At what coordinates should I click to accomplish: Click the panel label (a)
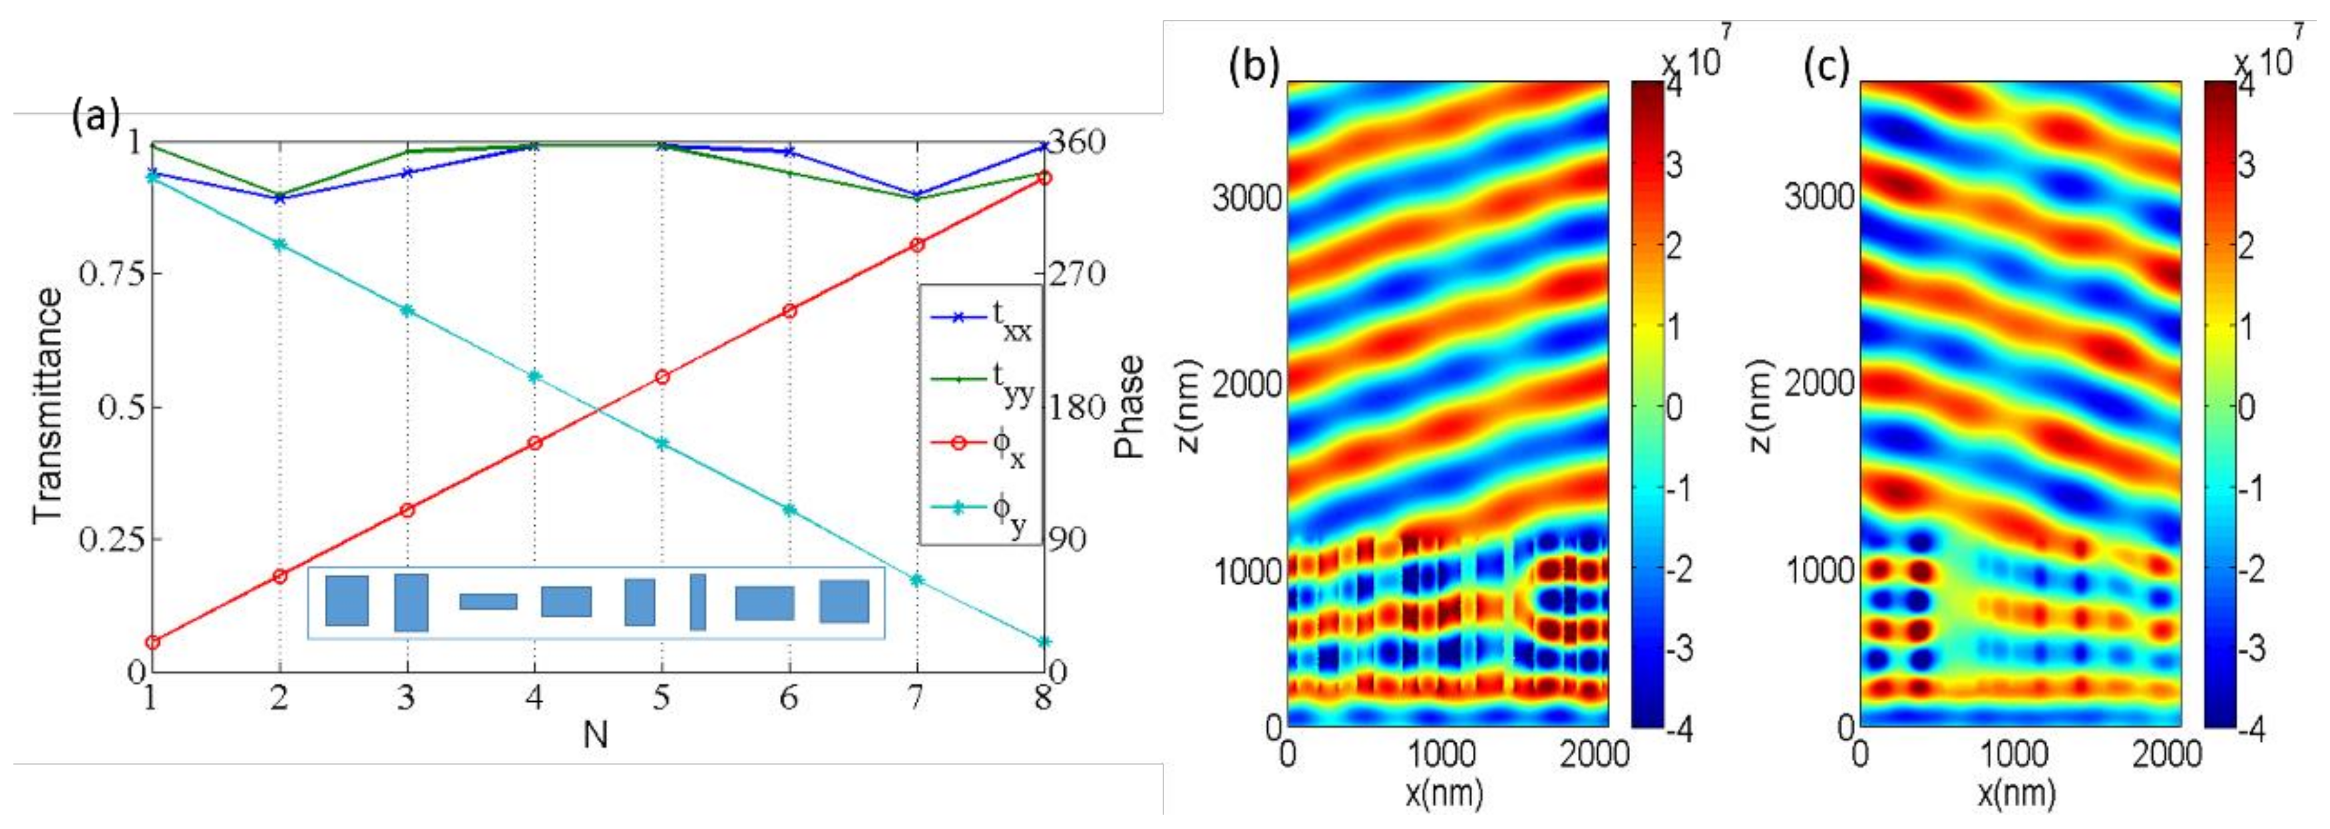[94, 119]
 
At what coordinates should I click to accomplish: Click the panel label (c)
[1826, 67]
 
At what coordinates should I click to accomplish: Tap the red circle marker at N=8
[1044, 178]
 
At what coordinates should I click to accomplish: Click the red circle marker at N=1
[152, 642]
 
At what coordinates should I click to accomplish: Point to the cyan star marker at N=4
[534, 376]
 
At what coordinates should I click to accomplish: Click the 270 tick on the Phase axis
[1076, 272]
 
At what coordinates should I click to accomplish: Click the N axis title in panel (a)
[595, 735]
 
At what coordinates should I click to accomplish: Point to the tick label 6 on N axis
[789, 697]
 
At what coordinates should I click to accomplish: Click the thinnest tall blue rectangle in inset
[697, 601]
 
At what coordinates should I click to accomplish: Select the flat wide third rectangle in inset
[488, 601]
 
